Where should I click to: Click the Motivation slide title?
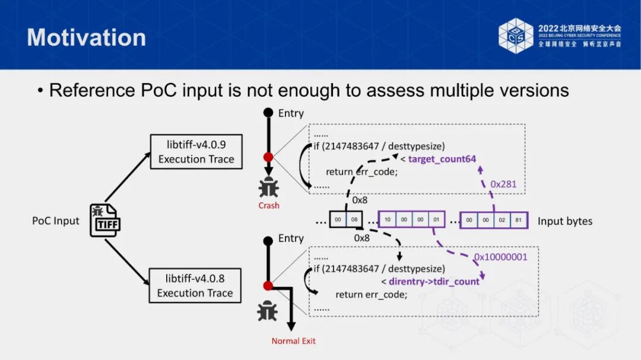[87, 37]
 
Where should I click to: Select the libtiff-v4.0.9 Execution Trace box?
[196, 151]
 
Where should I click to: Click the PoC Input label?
[55, 221]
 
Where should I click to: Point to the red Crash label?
[268, 206]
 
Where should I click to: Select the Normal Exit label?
[293, 341]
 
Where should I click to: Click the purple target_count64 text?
[442, 158]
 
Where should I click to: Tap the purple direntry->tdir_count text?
[434, 282]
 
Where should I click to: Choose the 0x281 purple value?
[503, 184]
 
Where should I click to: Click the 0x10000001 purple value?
[500, 257]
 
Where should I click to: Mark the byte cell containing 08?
[354, 220]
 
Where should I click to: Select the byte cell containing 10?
[388, 220]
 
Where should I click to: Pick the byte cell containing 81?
[517, 220]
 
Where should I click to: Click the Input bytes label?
[564, 221]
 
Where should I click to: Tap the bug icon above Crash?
[268, 187]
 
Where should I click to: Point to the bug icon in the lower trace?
[267, 311]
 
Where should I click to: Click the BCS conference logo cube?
[516, 36]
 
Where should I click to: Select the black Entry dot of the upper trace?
[268, 112]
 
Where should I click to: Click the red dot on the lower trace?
[268, 286]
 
